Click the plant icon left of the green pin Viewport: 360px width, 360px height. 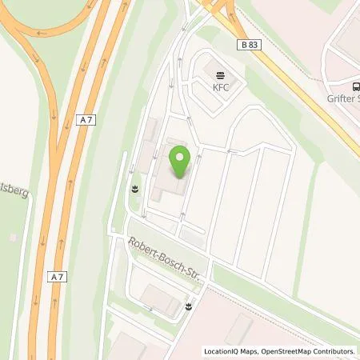click(x=134, y=190)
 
